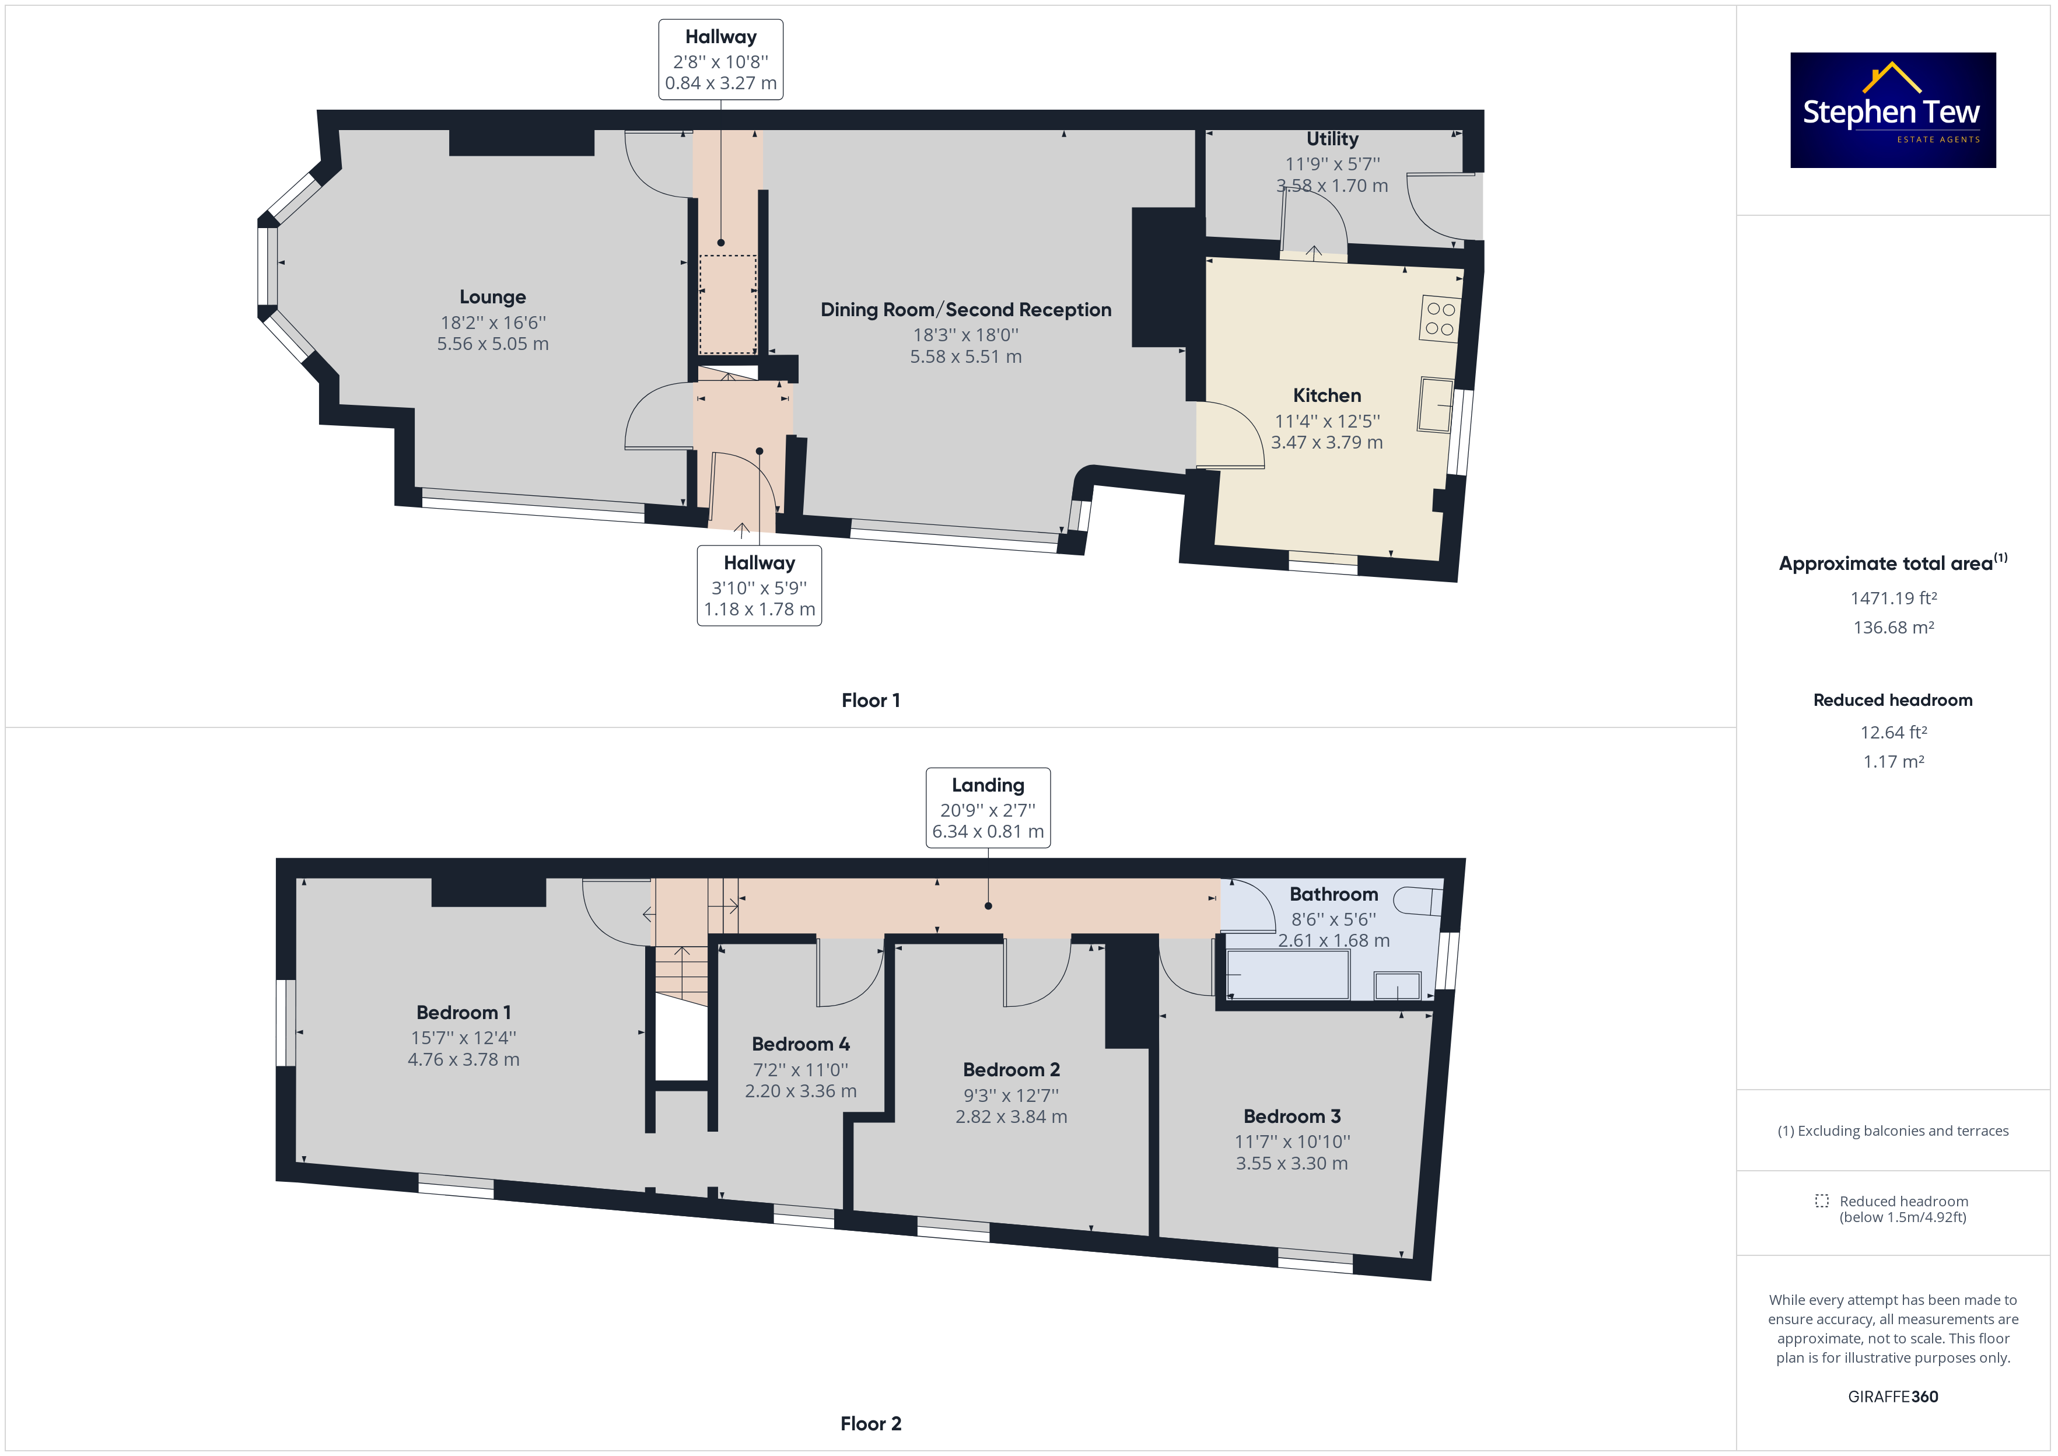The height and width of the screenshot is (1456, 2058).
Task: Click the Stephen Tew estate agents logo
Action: (x=1892, y=110)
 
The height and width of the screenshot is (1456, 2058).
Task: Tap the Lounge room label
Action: (x=493, y=297)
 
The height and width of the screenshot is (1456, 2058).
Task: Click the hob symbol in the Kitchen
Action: (x=1440, y=318)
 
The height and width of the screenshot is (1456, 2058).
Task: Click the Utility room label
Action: (x=1332, y=139)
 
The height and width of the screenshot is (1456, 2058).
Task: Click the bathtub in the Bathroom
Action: (x=1287, y=974)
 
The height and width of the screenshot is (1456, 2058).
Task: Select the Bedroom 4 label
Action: (x=800, y=1045)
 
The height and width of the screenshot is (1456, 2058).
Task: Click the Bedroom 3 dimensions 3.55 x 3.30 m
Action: (x=1291, y=1164)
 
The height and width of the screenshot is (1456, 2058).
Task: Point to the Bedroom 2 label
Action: (x=1011, y=1070)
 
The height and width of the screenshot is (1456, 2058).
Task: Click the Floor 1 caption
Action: (x=870, y=700)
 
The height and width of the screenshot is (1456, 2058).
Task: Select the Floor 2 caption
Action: (x=870, y=1424)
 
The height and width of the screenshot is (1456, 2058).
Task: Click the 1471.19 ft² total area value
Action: (x=1893, y=598)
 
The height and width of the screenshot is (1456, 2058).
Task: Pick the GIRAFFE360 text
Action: (x=1893, y=1397)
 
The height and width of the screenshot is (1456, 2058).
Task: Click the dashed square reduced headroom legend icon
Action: (x=1821, y=1200)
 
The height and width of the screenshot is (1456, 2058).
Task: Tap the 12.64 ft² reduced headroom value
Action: (x=1893, y=733)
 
